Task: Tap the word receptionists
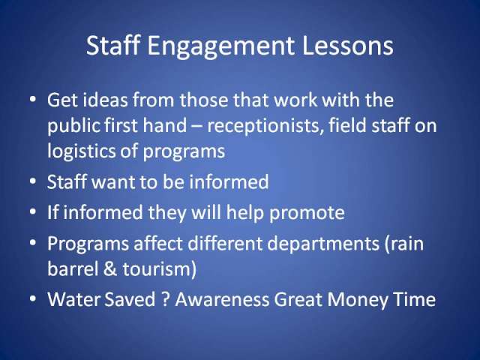pos(265,126)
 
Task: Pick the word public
pos(73,126)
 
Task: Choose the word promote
pos(307,213)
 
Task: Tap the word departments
pos(323,244)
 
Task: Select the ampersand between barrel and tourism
pos(110,268)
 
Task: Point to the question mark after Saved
pos(165,298)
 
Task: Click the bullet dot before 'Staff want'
pos(33,181)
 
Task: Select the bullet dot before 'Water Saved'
pos(33,298)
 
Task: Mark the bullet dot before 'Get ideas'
pos(33,99)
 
